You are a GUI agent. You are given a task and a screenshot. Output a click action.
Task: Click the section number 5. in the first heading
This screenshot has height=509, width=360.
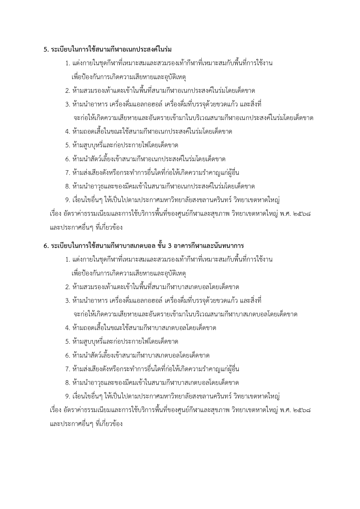tap(46, 50)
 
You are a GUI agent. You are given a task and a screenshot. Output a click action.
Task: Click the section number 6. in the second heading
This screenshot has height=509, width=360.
tap(46, 246)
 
